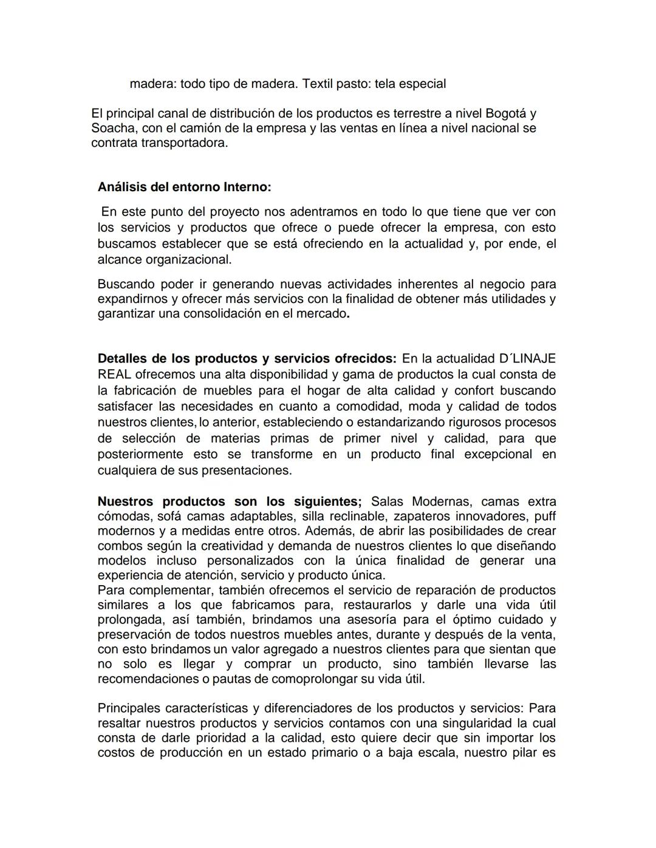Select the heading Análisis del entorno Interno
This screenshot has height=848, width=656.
click(184, 187)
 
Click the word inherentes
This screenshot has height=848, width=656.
click(434, 284)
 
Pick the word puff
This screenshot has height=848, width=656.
click(545, 517)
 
